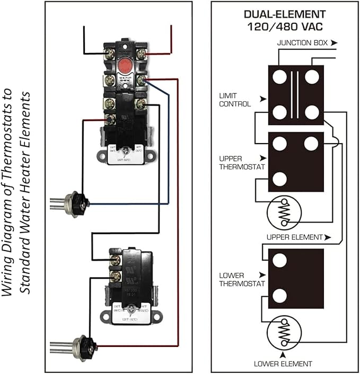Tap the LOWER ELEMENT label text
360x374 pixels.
pos(283,363)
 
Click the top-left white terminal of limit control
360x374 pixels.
pos(279,77)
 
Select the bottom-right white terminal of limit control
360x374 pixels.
pos(312,112)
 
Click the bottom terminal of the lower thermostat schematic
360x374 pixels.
pos(279,296)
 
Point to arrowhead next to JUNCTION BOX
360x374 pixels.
pos(333,42)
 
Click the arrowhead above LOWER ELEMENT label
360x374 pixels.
pos(283,354)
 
